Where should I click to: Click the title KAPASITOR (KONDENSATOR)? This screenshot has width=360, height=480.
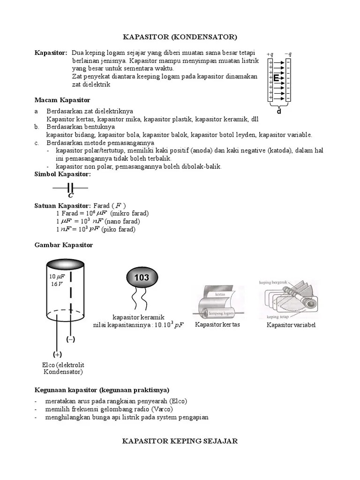[180, 37]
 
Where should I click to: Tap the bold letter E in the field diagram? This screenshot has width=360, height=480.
[277, 78]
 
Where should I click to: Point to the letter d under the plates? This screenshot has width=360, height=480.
[279, 112]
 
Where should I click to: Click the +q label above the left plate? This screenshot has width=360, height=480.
[270, 54]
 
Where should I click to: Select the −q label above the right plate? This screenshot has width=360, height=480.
[288, 54]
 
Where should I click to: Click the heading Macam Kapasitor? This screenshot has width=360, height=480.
[62, 100]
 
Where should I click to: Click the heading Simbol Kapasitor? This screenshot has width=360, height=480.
[63, 174]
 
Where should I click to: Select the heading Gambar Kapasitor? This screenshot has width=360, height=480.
[64, 245]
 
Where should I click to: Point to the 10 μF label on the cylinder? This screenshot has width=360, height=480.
[57, 277]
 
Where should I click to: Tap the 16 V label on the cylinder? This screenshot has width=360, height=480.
[56, 284]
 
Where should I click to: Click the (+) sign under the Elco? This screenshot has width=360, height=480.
[57, 354]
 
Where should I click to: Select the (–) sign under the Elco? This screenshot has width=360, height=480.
[71, 339]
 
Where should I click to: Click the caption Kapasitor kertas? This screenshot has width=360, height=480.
[217, 325]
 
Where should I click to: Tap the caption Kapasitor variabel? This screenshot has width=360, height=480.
[291, 325]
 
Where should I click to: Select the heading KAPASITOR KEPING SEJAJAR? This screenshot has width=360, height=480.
[180, 441]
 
